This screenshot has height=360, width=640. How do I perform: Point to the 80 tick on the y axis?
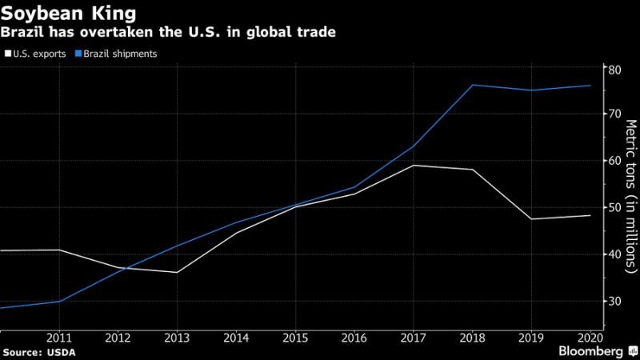[615, 69]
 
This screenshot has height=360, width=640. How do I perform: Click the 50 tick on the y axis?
[615, 207]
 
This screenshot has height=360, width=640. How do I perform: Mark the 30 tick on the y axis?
[615, 301]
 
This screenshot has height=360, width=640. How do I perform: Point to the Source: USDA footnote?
[36, 352]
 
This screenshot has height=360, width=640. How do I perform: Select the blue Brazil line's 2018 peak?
[473, 85]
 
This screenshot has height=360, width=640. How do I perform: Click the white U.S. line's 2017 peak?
[413, 165]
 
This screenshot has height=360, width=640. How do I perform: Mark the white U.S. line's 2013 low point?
[177, 273]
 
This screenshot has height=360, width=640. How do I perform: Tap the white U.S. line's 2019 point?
[530, 219]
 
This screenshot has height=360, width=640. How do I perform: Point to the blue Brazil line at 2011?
[60, 302]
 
